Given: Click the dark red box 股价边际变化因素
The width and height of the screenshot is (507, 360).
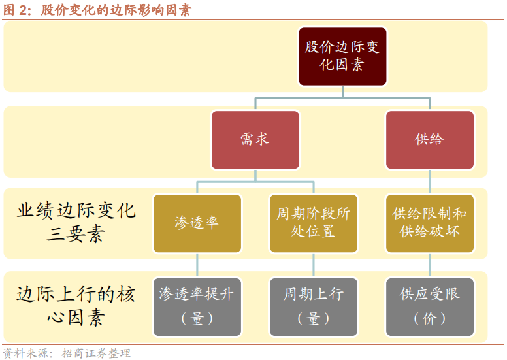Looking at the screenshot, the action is point(342,56).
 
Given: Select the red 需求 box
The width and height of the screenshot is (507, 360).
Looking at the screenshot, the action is point(255,140).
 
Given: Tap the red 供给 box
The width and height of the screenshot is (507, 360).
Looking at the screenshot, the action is point(430,140).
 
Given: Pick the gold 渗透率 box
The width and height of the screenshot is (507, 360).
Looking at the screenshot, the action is point(197,223).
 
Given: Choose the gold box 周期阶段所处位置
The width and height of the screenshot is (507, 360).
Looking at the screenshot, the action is point(314,223).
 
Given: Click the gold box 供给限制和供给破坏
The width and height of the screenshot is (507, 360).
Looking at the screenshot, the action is point(430,223).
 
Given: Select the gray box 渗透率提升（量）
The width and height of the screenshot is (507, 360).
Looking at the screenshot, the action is point(197,307).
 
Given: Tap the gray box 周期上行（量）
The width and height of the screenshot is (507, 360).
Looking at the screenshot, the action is point(314,307).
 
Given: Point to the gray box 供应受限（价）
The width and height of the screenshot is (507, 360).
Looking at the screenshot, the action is point(430,307).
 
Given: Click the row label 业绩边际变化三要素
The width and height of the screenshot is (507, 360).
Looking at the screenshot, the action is point(76,222).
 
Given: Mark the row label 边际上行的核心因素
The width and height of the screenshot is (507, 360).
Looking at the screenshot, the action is point(76,306).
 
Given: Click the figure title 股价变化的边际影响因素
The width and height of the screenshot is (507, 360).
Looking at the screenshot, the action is point(116,10).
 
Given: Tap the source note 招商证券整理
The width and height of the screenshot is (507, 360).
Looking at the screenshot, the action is point(96,353).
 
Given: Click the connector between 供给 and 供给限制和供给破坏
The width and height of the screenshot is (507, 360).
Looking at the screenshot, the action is point(430,182).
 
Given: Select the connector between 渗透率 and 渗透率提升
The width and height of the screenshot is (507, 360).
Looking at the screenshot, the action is point(197,265).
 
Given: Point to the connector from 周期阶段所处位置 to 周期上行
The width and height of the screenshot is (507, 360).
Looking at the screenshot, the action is point(314,265).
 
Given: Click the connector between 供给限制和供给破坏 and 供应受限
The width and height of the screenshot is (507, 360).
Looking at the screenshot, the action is point(430,265).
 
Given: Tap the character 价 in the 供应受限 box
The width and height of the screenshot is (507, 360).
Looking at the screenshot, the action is point(429,319).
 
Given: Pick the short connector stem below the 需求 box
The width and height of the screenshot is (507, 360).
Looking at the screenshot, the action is point(255,175).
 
